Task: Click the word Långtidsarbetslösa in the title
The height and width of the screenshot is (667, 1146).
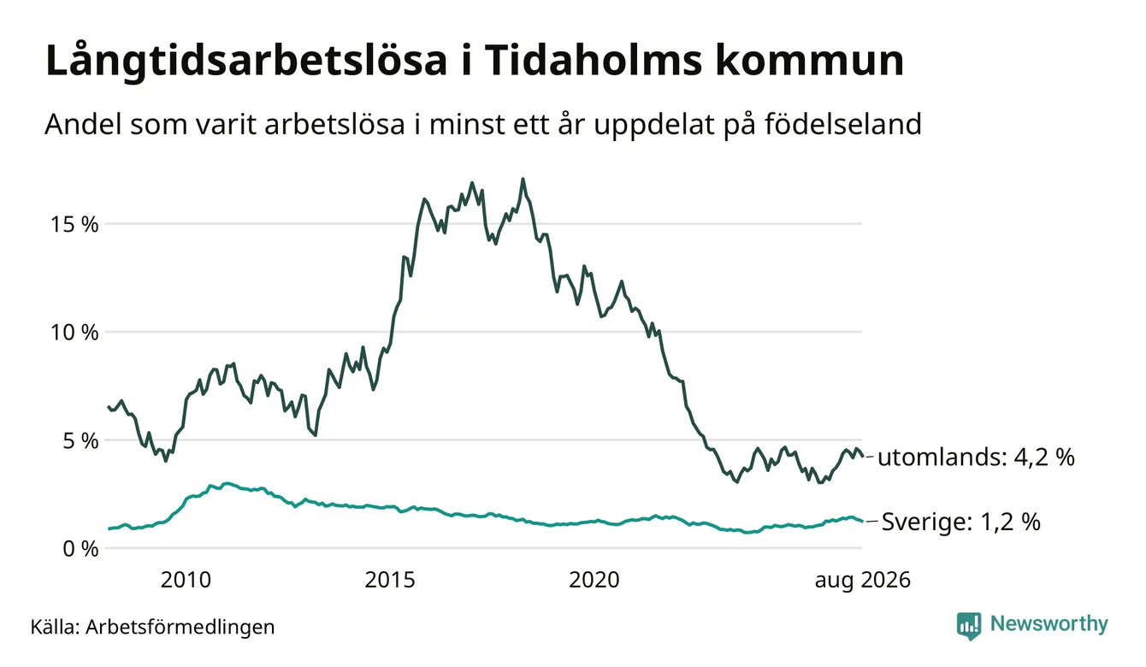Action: pos(246,62)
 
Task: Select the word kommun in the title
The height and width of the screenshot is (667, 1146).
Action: pos(809,60)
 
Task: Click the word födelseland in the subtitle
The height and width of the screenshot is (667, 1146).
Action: pos(843,124)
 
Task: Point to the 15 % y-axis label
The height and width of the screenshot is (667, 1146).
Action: pos(74,224)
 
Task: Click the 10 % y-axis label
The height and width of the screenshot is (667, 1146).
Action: pos(74,333)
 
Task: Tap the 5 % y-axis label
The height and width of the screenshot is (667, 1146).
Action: pos(81,440)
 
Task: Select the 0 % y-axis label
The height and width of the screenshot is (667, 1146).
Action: pos(81,549)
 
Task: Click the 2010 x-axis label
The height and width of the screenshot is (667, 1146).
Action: pos(186,580)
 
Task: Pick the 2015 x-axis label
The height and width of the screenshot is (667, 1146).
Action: pos(390,580)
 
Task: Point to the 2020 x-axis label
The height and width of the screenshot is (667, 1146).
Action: pos(594,580)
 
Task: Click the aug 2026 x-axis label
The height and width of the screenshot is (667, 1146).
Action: pos(863,581)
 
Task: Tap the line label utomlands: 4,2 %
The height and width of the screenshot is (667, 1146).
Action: pos(976,457)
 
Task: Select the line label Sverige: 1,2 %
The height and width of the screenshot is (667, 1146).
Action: pos(961,522)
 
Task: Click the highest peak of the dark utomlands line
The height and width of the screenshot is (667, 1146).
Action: pos(523,179)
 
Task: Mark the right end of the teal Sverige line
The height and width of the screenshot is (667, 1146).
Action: pos(863,522)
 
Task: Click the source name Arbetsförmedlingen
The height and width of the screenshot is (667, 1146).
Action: pos(180,627)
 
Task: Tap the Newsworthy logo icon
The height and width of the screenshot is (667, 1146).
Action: pos(968,626)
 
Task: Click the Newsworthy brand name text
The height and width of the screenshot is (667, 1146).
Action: pos(1049,624)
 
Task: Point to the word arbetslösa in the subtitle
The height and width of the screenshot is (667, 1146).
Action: pos(334,124)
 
